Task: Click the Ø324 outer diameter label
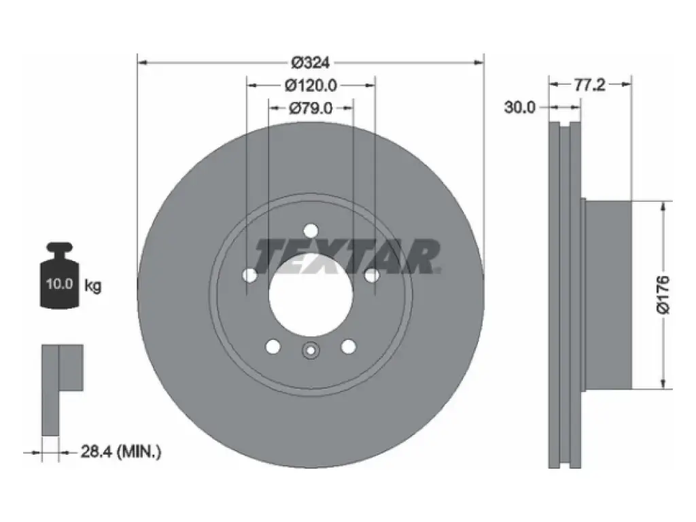point(310,63)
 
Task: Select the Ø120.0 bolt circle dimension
point(311,85)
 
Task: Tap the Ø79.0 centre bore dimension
point(311,108)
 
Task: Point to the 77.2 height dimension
point(589,84)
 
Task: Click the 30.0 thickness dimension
point(520,107)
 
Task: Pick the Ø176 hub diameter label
point(663,294)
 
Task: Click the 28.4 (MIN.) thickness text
point(121,452)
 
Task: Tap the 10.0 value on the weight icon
point(59,283)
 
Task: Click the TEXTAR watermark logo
point(347,256)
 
